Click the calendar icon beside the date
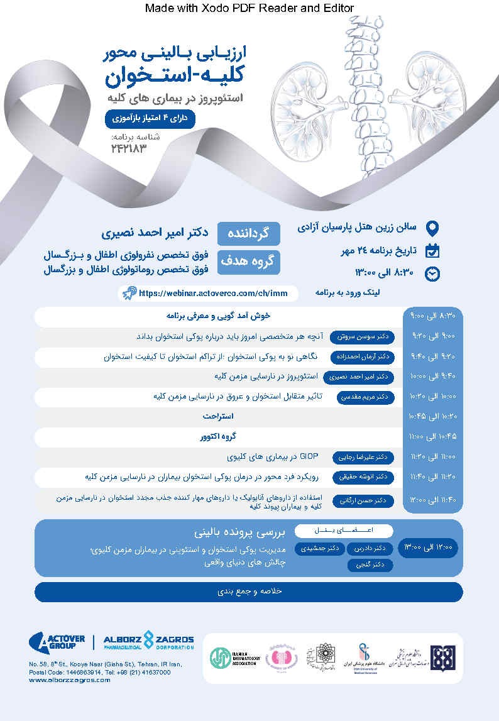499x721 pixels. pos(432,250)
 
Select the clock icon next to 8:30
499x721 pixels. pos(432,273)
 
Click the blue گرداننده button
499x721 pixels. pos(249,233)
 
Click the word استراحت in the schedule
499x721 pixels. pos(218,417)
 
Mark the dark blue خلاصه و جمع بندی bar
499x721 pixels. pos(248,592)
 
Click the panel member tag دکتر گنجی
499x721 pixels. pos(370,565)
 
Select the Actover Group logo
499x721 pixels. pos(57,641)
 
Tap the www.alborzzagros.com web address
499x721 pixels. pos(70,680)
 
